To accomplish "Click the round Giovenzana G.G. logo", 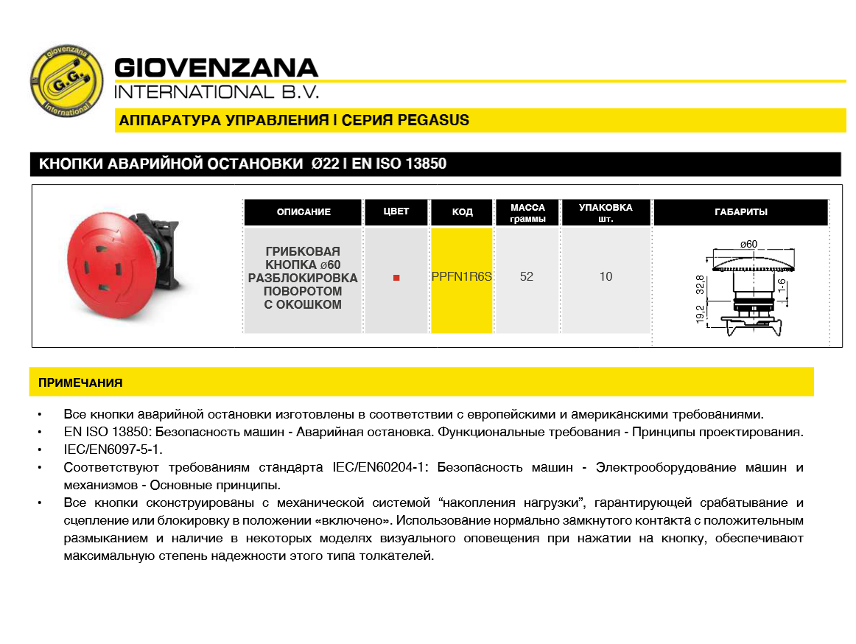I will pos(66,82).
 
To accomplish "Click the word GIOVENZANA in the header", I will pos(217,69).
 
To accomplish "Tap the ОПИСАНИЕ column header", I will pos(304,212).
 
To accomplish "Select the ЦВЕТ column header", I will pos(396,212).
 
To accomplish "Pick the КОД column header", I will pos(462,212).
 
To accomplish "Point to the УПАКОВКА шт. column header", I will pos(606,212).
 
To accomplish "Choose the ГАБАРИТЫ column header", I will pos(740,212).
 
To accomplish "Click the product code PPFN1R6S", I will pos(462,277).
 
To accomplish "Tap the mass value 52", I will pos(527,277).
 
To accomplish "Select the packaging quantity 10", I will pos(606,277).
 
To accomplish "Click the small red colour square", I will pos(396,278).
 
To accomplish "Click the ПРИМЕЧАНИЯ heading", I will pos(80,383).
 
